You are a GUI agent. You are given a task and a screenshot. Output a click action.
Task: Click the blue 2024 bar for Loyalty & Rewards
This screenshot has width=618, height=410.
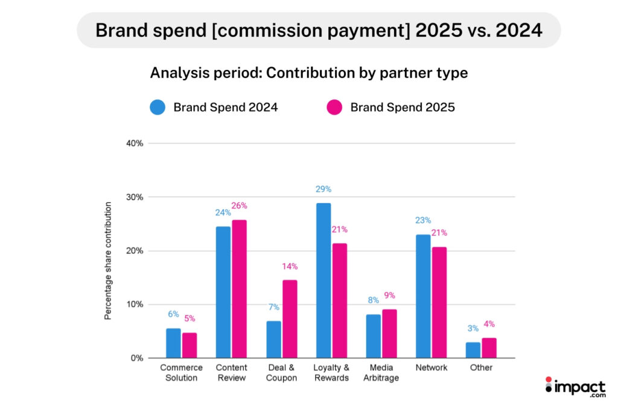323,280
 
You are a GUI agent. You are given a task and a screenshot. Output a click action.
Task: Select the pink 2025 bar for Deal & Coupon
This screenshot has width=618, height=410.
289,319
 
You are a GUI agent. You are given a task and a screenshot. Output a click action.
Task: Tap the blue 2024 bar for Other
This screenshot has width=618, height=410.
473,350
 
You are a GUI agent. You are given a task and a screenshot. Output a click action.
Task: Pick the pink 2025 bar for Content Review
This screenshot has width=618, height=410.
240,289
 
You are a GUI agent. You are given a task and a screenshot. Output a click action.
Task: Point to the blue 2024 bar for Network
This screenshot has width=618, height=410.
423,296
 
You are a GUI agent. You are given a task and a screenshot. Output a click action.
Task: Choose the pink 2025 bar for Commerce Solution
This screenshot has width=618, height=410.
190,345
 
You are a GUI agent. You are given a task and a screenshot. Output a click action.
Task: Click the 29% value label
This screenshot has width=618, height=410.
323,189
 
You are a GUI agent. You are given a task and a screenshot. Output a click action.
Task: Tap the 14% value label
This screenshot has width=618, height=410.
290,266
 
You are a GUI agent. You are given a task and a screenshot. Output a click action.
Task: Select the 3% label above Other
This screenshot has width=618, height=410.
473,329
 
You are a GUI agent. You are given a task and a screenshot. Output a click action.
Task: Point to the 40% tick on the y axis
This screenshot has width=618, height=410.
135,143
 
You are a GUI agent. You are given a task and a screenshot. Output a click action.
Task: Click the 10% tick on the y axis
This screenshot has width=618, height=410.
135,304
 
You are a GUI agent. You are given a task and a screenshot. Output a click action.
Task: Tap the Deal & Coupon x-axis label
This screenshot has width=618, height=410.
281,373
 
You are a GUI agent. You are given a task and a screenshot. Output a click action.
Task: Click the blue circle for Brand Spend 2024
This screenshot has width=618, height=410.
158,108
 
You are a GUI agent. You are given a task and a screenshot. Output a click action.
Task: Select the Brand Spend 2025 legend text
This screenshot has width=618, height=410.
403,108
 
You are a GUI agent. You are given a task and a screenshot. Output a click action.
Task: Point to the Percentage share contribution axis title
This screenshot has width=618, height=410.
108,261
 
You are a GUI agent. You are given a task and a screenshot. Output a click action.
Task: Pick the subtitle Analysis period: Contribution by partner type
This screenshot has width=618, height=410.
308,73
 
